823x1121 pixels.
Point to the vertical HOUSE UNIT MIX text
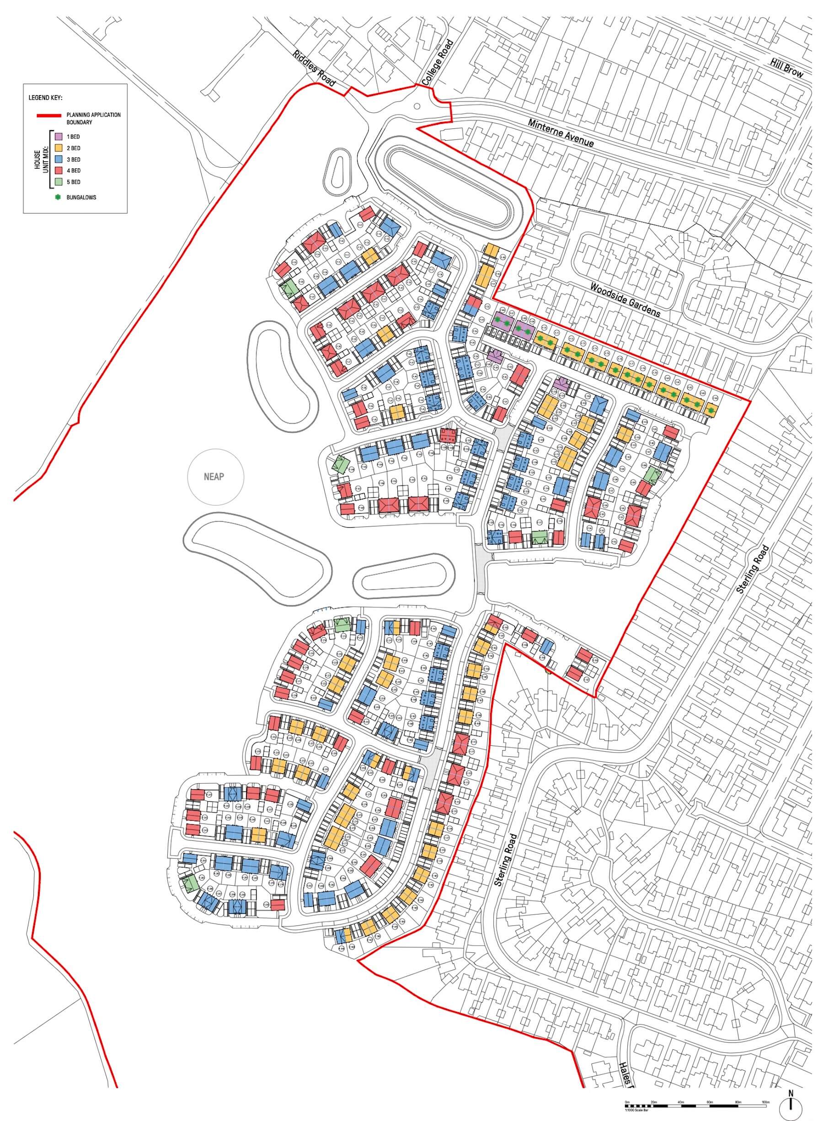click(x=40, y=160)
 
